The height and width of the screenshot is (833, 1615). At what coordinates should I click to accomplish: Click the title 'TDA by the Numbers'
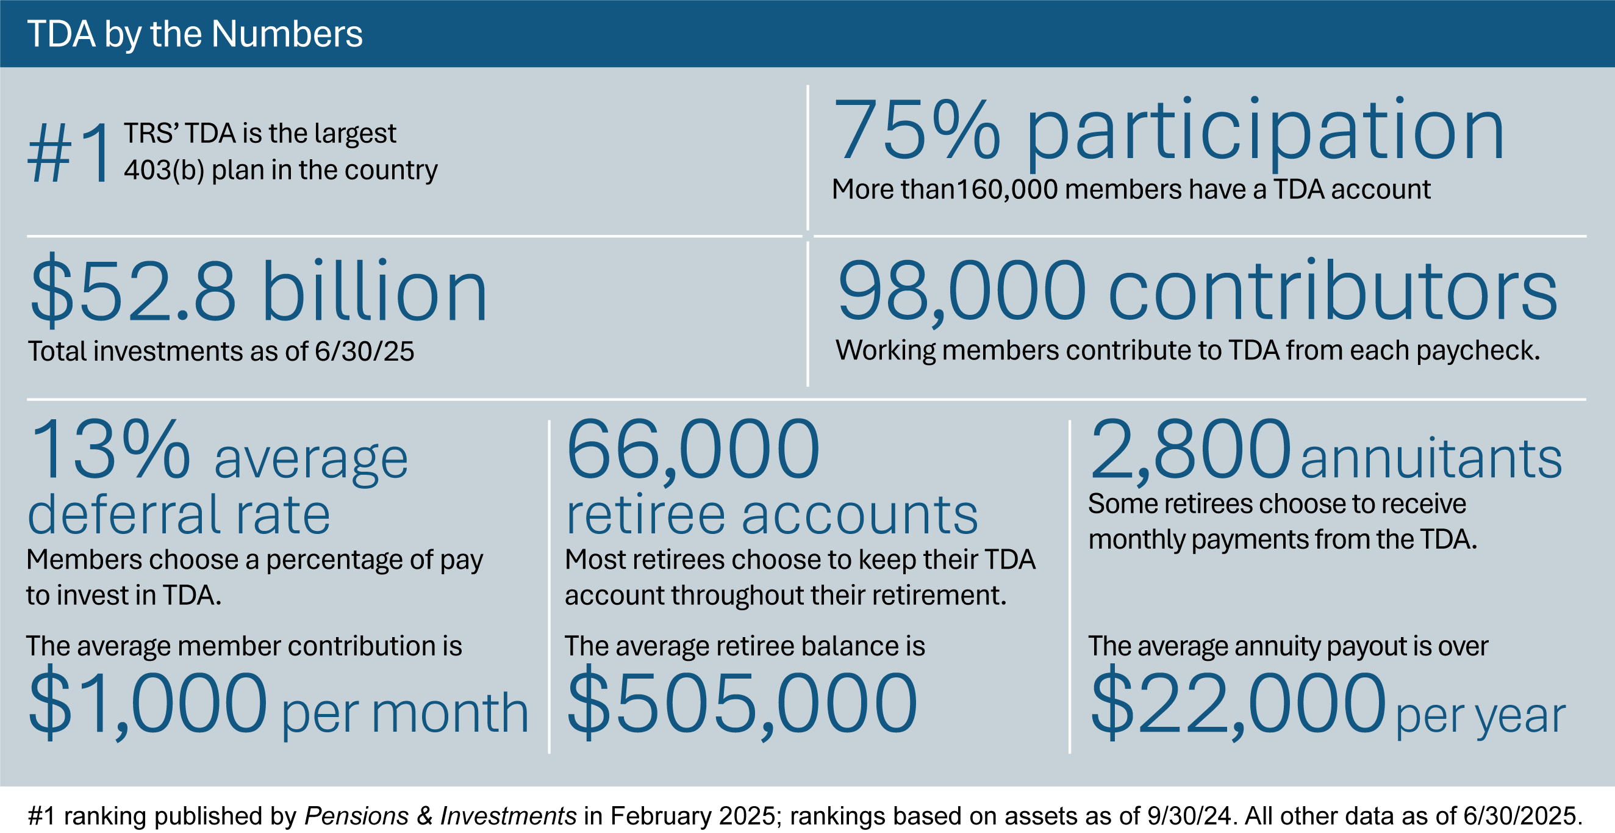(195, 34)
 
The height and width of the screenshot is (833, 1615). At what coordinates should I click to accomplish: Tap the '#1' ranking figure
(69, 154)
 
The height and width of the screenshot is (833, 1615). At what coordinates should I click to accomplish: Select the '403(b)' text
(163, 170)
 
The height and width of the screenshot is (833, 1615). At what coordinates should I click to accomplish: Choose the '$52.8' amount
(133, 292)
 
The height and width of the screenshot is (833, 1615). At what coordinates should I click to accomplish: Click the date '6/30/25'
(363, 352)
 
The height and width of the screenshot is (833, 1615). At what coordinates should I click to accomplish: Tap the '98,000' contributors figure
(961, 291)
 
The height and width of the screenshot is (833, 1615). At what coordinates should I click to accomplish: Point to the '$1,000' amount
(148, 702)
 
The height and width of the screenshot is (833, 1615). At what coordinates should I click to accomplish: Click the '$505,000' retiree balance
(742, 702)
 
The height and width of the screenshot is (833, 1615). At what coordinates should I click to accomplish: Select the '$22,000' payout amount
(1237, 702)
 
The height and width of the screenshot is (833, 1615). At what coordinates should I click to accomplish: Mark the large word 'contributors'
(1332, 291)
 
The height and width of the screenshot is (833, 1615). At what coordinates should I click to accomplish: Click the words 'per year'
(1480, 715)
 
